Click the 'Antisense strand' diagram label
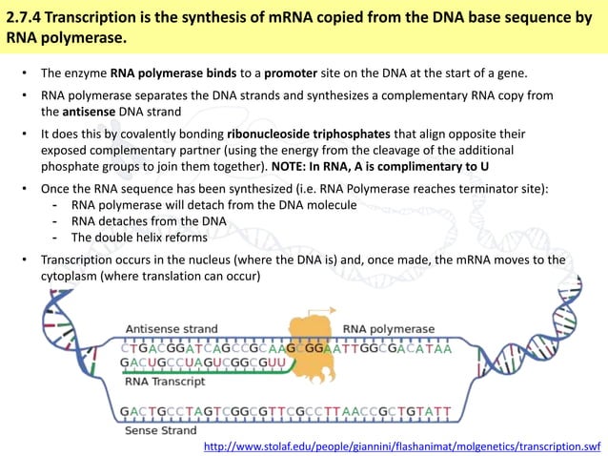coord(171,329)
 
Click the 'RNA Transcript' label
coord(165,382)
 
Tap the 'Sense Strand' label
coord(160,431)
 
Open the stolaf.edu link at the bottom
coord(403,446)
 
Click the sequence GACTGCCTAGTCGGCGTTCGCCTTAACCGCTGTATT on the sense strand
coord(285,412)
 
